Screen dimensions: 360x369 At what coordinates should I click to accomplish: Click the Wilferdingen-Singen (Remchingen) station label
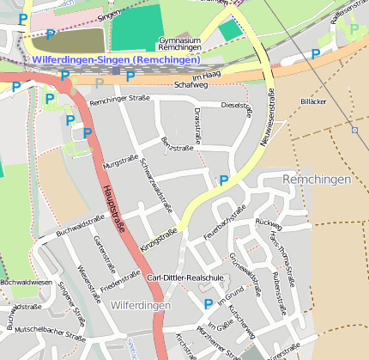[116, 60]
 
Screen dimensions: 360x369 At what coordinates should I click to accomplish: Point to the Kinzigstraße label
[160, 239]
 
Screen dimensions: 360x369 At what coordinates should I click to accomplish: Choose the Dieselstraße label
[237, 106]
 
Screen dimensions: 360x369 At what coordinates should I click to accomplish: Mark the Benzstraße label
[177, 146]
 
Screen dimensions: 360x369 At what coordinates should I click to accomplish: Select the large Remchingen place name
[317, 180]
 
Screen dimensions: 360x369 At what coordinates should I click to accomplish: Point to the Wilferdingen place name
[141, 305]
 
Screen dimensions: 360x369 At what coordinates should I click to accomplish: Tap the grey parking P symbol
[100, 83]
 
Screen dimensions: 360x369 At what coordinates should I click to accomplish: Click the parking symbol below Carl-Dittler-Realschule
[208, 303]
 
